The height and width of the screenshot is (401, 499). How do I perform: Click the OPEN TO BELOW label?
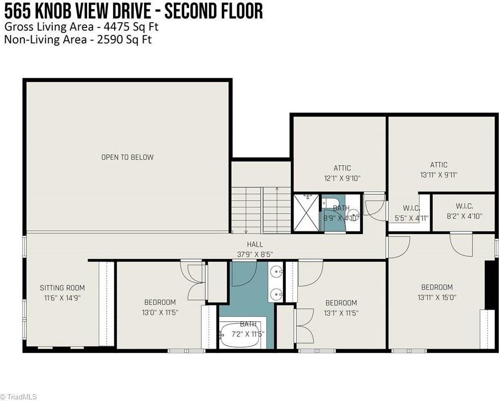127,157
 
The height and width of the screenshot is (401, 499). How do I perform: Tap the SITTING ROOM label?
62,288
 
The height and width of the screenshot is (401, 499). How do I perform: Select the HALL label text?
255,244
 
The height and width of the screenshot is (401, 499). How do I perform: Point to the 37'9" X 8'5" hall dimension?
255,255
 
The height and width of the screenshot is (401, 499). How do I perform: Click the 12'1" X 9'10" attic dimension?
342,178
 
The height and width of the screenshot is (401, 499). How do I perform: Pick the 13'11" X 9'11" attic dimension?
438,175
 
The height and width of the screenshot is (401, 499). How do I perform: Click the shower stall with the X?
306,212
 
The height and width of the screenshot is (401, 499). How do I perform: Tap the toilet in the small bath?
328,202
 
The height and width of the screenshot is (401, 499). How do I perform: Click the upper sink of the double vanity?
276,272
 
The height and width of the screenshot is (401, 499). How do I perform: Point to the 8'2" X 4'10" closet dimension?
464,216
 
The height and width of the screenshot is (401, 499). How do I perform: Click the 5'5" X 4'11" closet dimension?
411,218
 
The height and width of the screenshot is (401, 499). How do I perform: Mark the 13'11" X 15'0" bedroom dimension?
437,297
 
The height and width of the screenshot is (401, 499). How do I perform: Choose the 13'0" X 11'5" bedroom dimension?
160,312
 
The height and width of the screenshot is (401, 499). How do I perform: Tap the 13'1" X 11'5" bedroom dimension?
341,313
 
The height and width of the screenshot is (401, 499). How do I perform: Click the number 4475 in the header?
117,26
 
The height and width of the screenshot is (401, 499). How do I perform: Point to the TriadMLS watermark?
18,397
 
